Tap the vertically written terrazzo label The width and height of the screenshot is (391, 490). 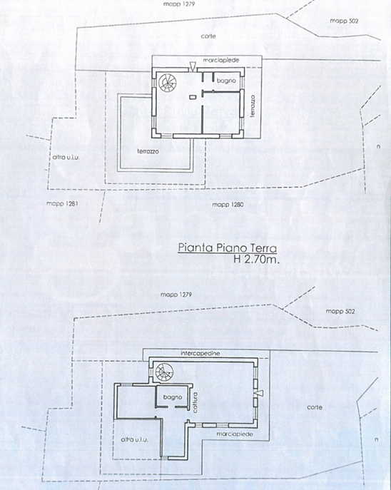[x=253, y=107]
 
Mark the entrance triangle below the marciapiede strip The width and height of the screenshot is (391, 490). [x=193, y=68]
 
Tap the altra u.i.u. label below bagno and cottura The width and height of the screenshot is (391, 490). [x=136, y=439]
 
